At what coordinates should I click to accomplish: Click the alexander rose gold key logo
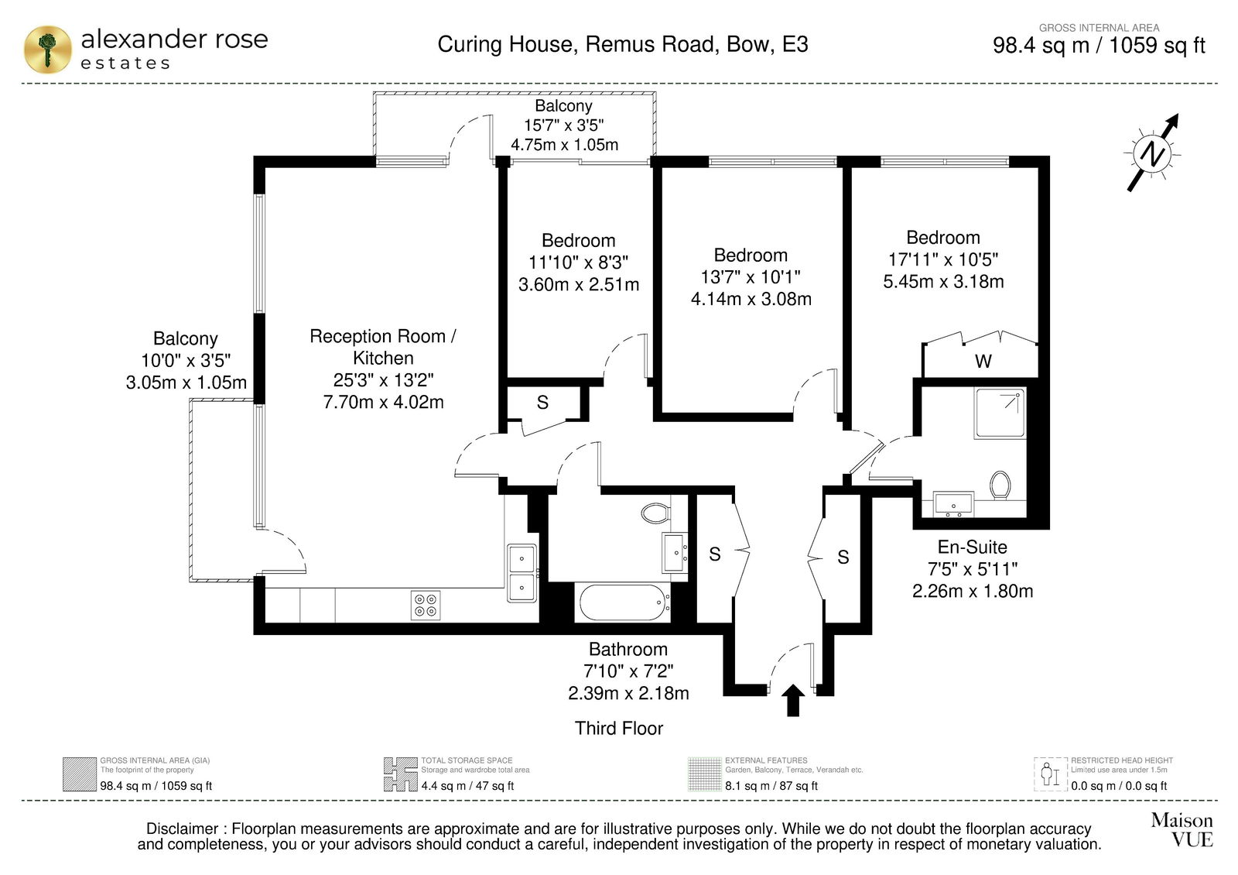coord(47,50)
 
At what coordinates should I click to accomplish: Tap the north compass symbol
coord(1153,153)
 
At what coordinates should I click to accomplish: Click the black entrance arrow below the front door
coord(793,700)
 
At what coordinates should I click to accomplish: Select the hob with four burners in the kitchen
coord(426,605)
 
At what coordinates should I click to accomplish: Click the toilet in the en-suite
coord(1000,485)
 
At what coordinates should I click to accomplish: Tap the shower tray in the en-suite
coord(1000,413)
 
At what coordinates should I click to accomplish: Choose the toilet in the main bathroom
coord(656,513)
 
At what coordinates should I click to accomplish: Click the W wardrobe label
coord(983,361)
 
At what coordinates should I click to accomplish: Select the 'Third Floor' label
coord(618,728)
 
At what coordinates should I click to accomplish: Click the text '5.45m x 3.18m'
coord(943,282)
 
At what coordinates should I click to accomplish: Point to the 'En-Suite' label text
coord(972,547)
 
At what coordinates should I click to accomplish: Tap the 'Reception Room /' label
coord(383,336)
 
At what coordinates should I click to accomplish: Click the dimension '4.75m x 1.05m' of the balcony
coord(564,145)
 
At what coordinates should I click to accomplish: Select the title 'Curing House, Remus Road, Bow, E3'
coord(623,44)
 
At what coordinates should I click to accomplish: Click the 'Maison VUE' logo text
coord(1182,829)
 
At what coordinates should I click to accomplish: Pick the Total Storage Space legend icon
coord(400,774)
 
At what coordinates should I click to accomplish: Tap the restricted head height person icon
coord(1049,774)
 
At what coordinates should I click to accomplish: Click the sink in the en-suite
coord(953,504)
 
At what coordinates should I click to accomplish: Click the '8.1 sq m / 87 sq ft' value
coord(771,786)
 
